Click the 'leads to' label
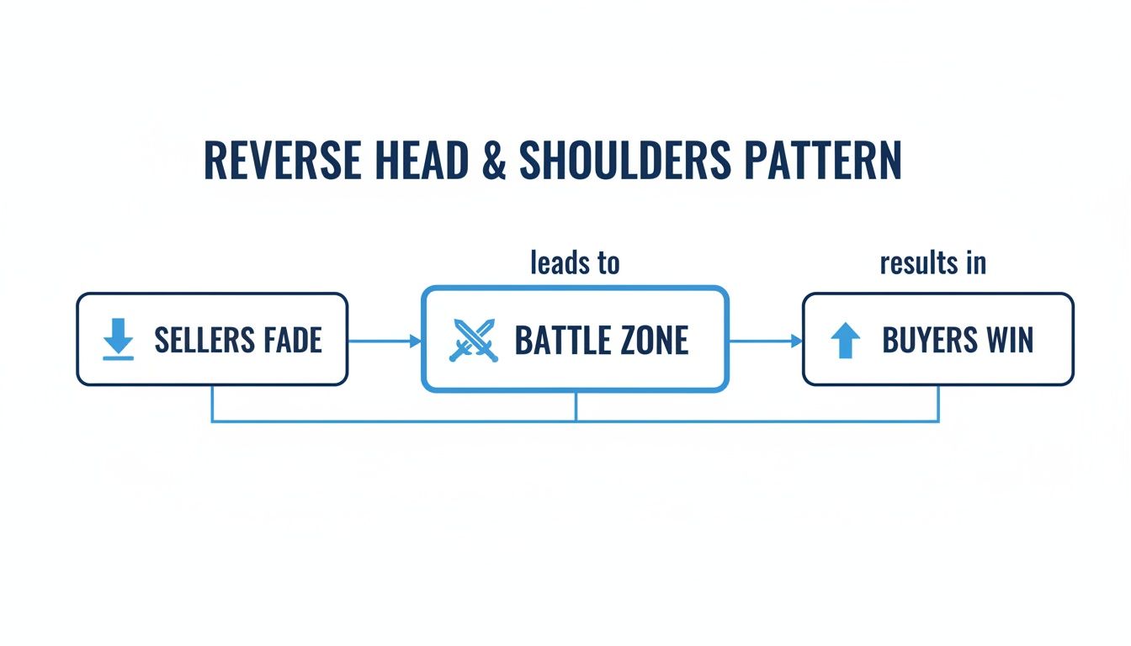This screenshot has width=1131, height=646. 575,263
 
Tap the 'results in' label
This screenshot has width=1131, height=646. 932,263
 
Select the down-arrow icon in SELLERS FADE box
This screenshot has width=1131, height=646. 119,340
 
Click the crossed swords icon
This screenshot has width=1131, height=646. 474,340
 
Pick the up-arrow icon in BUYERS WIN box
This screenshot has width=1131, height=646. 846,341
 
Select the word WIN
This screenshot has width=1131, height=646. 1010,340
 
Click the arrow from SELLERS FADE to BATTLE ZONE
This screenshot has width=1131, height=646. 384,341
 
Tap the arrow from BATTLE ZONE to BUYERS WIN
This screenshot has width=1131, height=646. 765,341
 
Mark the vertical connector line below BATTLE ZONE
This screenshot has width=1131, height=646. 576,405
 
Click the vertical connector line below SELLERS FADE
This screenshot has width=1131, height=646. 211,403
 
